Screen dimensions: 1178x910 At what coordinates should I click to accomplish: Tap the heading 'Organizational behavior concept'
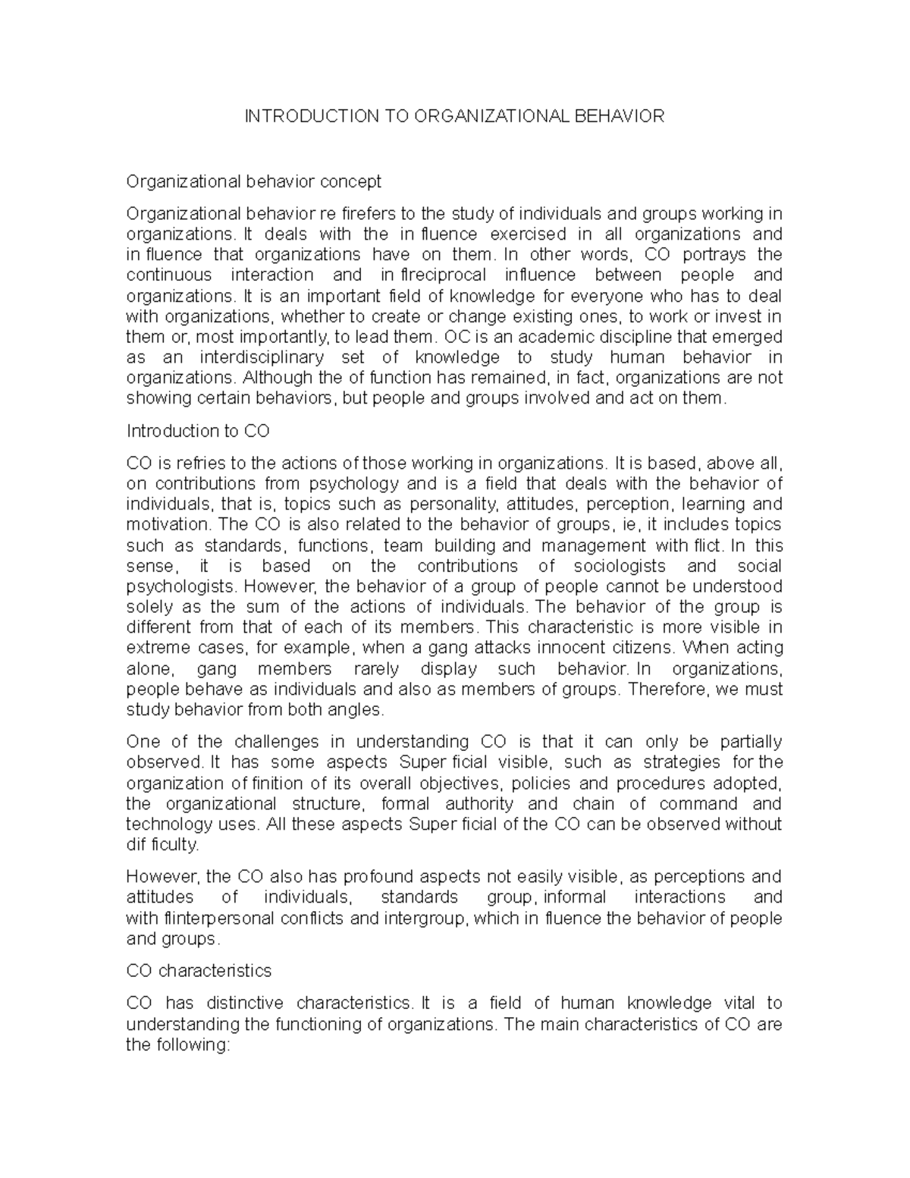[x=253, y=182]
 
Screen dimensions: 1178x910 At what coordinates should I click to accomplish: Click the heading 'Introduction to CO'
[x=198, y=431]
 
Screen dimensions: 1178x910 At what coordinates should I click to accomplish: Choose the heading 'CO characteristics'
[x=199, y=971]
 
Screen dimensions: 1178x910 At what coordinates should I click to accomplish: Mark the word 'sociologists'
[x=620, y=566]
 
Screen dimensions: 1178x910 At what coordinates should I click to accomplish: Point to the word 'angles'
[x=360, y=710]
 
